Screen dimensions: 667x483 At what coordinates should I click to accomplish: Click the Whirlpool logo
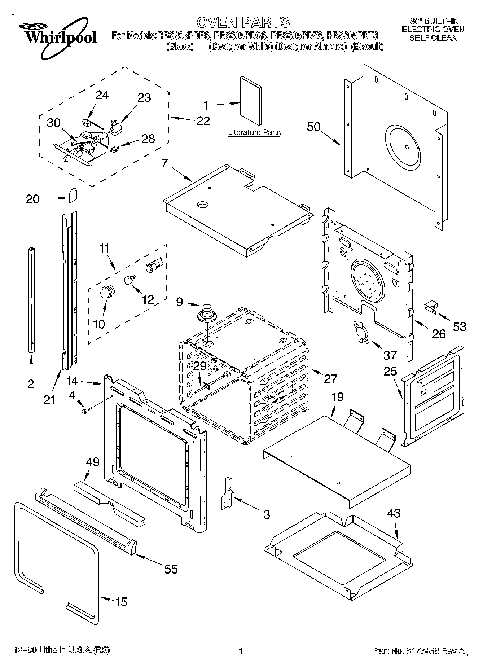tap(58, 38)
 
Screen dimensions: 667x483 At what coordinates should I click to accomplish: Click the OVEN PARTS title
tap(243, 22)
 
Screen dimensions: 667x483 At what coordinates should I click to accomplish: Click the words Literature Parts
tap(254, 132)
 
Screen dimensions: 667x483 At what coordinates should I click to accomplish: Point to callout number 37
tap(390, 355)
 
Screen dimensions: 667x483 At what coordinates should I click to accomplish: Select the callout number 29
tap(199, 366)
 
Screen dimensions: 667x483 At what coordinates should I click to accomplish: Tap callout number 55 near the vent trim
tap(171, 569)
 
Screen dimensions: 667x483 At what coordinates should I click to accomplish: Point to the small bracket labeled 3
tap(227, 493)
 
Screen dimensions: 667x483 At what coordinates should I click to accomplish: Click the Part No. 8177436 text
tap(418, 651)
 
